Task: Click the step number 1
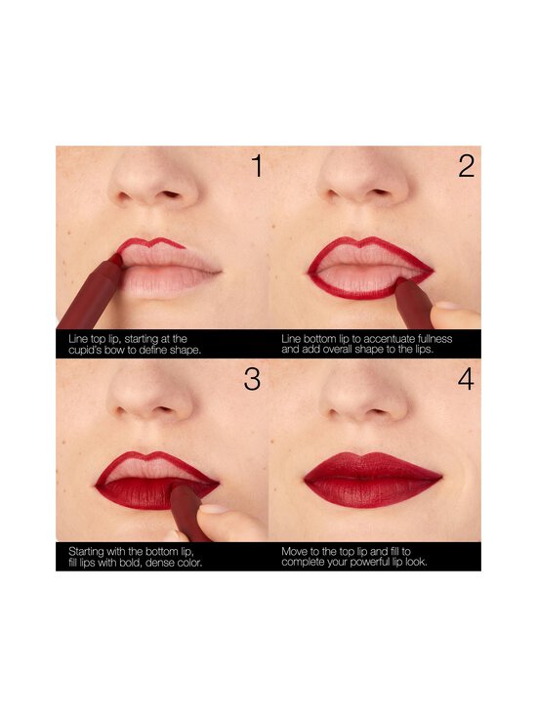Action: coord(256,167)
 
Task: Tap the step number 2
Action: coord(466,167)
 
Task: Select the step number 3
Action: coord(253,379)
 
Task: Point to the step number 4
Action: coord(466,379)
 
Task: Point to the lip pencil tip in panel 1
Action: coord(116,259)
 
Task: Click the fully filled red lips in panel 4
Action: coord(372,480)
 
